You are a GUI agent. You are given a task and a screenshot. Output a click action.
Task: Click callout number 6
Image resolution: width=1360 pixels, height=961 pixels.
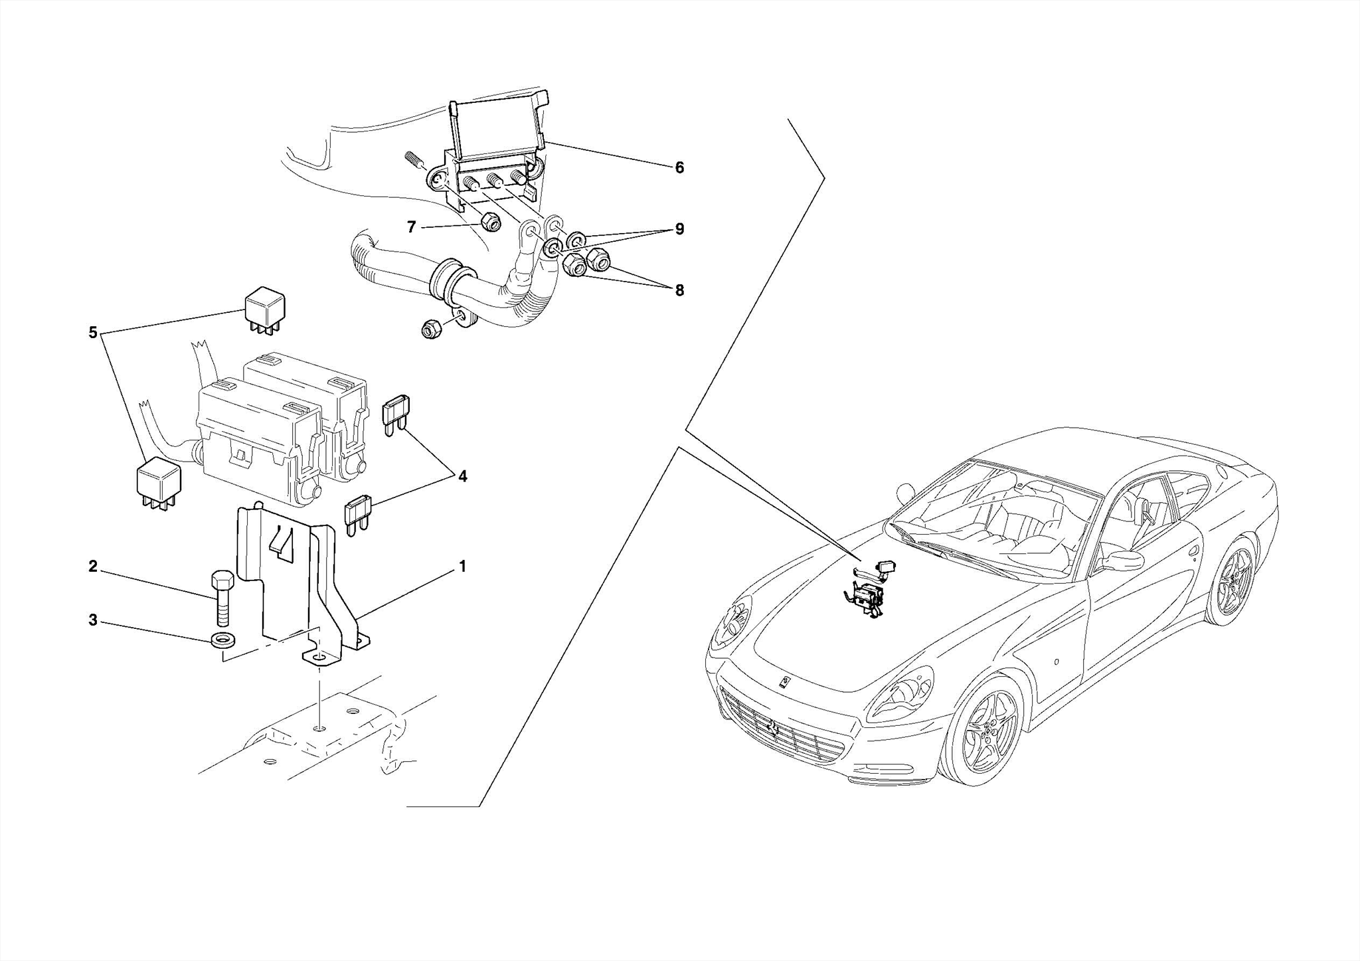(x=679, y=168)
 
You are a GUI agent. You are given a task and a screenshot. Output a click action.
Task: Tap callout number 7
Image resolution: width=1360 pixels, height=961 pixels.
(x=412, y=228)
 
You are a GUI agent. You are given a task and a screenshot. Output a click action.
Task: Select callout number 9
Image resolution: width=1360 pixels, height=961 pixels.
(x=679, y=229)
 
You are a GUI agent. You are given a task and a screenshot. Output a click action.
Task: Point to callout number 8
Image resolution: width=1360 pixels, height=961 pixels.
(x=679, y=290)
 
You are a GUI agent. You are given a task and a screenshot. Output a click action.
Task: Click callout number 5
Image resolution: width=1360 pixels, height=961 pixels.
(x=93, y=332)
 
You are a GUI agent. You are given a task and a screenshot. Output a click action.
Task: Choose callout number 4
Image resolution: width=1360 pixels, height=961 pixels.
(x=462, y=476)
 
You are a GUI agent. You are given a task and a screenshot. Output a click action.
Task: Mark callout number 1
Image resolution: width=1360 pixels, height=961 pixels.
(x=462, y=567)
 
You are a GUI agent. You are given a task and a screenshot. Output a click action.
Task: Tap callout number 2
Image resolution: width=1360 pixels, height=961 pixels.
(x=93, y=567)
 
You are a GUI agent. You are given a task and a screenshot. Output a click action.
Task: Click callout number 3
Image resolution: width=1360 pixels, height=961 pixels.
(x=93, y=620)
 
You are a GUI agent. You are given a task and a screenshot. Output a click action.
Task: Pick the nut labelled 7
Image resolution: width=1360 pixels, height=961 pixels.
(x=489, y=222)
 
